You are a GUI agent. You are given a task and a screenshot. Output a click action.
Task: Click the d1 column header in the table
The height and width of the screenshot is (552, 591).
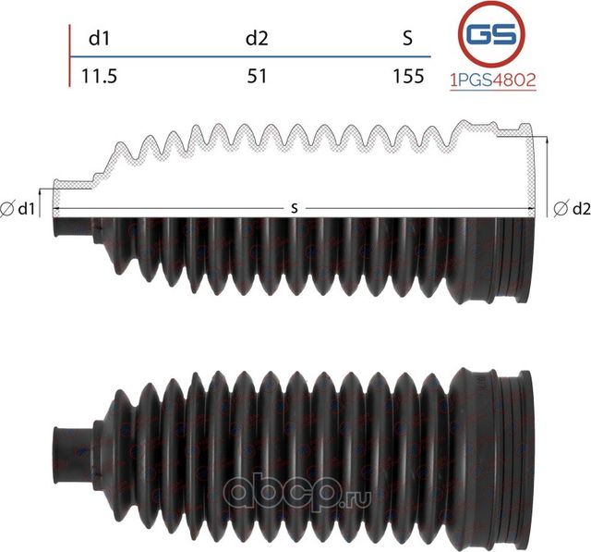click(97, 39)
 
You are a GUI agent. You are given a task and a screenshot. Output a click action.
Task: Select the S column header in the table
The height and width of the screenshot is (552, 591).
click(407, 39)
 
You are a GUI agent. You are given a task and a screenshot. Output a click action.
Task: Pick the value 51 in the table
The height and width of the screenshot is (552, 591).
click(257, 77)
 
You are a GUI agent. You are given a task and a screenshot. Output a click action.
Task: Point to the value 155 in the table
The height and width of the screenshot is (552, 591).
click(407, 77)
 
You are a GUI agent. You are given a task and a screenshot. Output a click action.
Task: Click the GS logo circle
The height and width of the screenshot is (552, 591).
click(491, 36)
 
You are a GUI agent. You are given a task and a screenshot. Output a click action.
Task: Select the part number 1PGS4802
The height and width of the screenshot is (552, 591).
click(491, 80)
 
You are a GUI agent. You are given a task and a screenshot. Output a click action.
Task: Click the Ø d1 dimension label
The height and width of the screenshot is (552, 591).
click(19, 210)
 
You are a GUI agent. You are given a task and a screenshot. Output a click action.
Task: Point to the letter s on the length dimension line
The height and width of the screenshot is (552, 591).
click(294, 208)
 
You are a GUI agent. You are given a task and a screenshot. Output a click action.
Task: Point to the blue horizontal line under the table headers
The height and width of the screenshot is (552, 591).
click(259, 57)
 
